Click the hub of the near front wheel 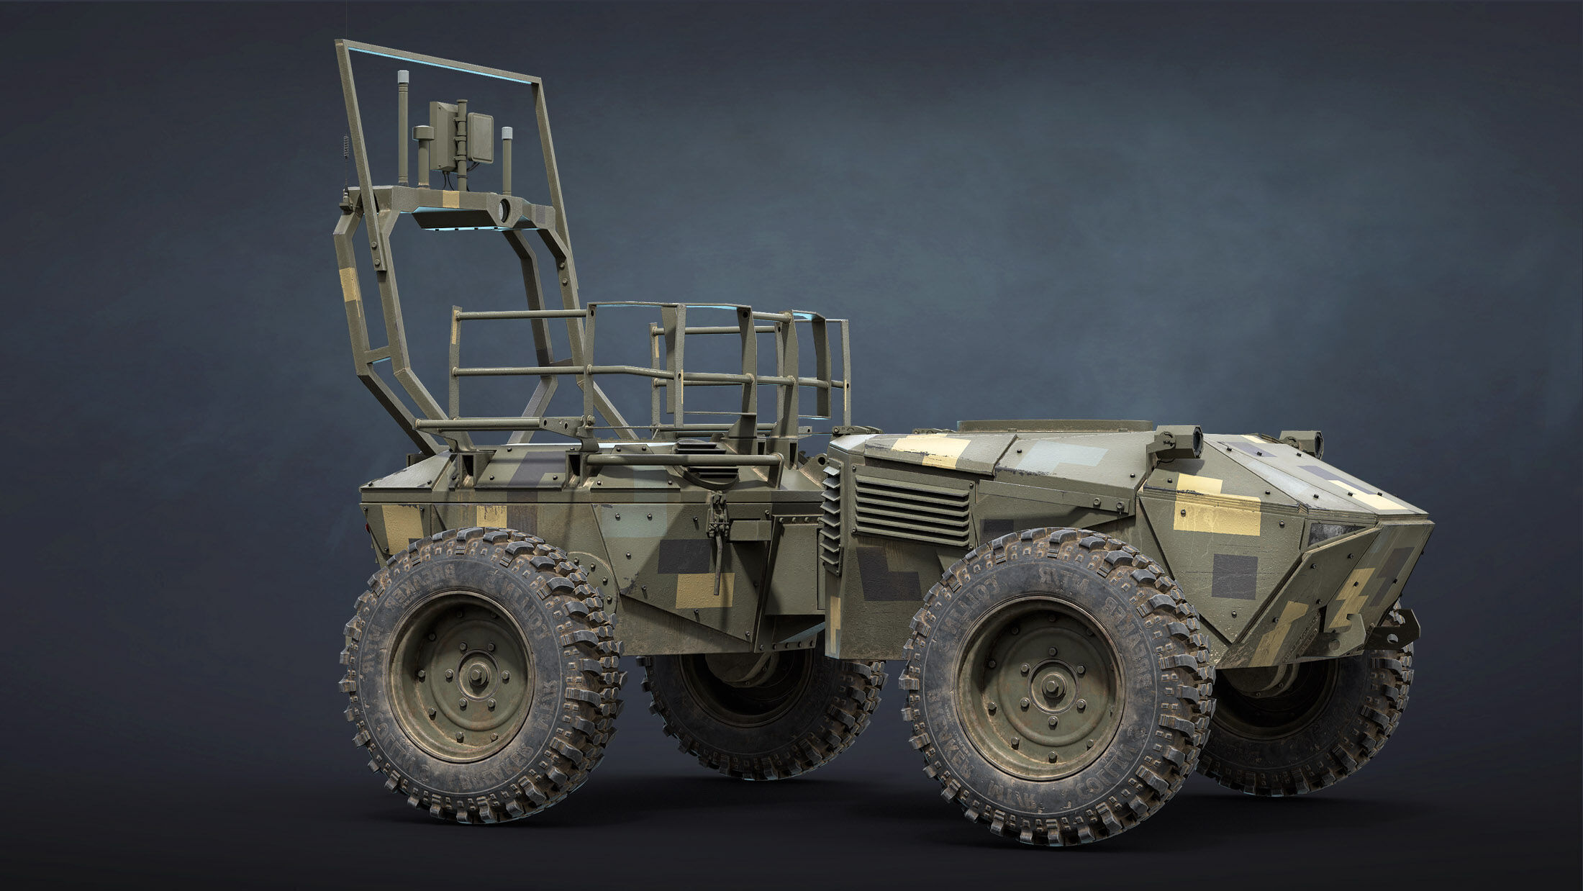point(1037,684)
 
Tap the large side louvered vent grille point(912,507)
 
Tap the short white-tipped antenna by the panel point(508,155)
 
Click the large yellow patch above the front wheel point(1216,515)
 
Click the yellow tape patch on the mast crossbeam point(452,199)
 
